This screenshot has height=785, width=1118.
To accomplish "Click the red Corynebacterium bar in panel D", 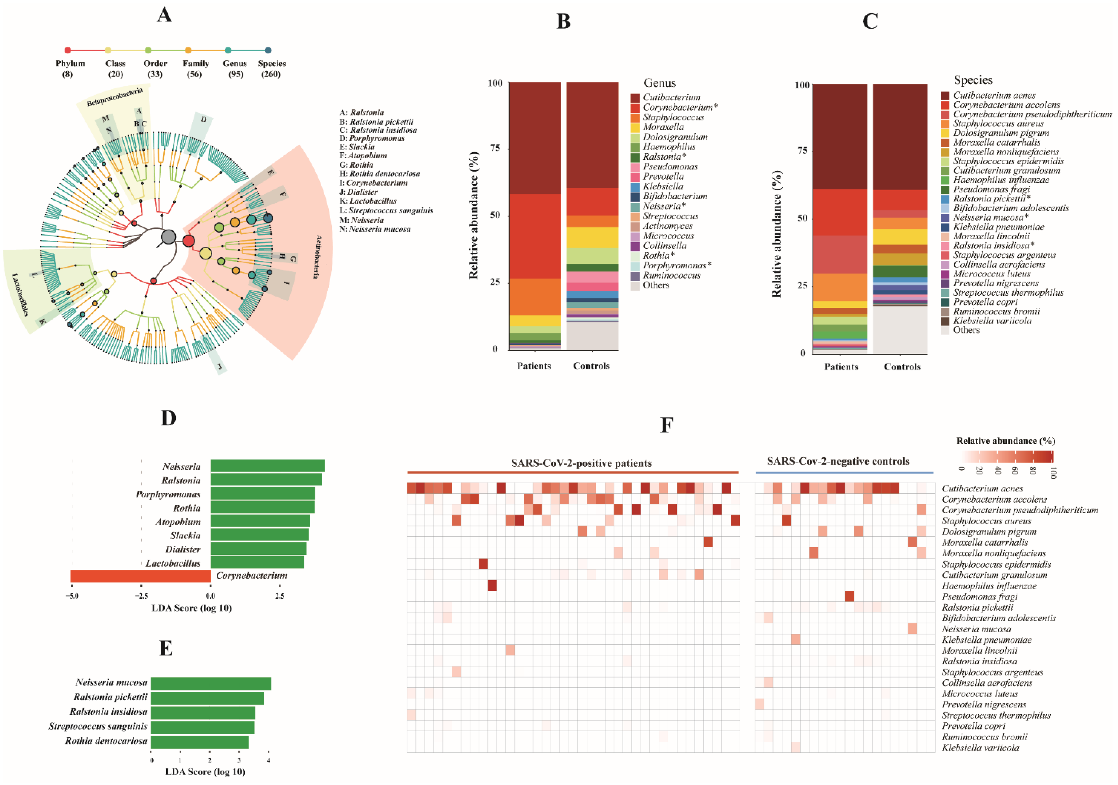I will (x=140, y=576).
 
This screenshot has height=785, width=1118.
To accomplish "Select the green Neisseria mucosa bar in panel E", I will (x=210, y=683).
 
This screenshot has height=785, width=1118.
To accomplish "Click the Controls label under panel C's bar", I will (x=902, y=367).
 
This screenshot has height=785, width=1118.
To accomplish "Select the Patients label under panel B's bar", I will (x=534, y=366).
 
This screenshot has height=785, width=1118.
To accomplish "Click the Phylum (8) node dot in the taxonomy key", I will (x=68, y=50).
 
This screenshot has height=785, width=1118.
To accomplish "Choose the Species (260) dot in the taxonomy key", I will (x=268, y=50).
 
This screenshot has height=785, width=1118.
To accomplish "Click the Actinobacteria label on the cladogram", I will (x=318, y=257).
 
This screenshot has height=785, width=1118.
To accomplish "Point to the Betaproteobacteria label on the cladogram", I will (x=115, y=96).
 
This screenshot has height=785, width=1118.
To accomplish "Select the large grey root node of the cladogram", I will (x=168, y=237).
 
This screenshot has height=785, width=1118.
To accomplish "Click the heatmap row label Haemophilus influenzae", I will (x=989, y=586).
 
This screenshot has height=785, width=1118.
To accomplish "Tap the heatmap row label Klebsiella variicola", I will (x=980, y=747).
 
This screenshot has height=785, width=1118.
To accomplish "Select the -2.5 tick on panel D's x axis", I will (x=141, y=596).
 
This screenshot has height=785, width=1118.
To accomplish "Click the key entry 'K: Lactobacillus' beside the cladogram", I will (x=368, y=201).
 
